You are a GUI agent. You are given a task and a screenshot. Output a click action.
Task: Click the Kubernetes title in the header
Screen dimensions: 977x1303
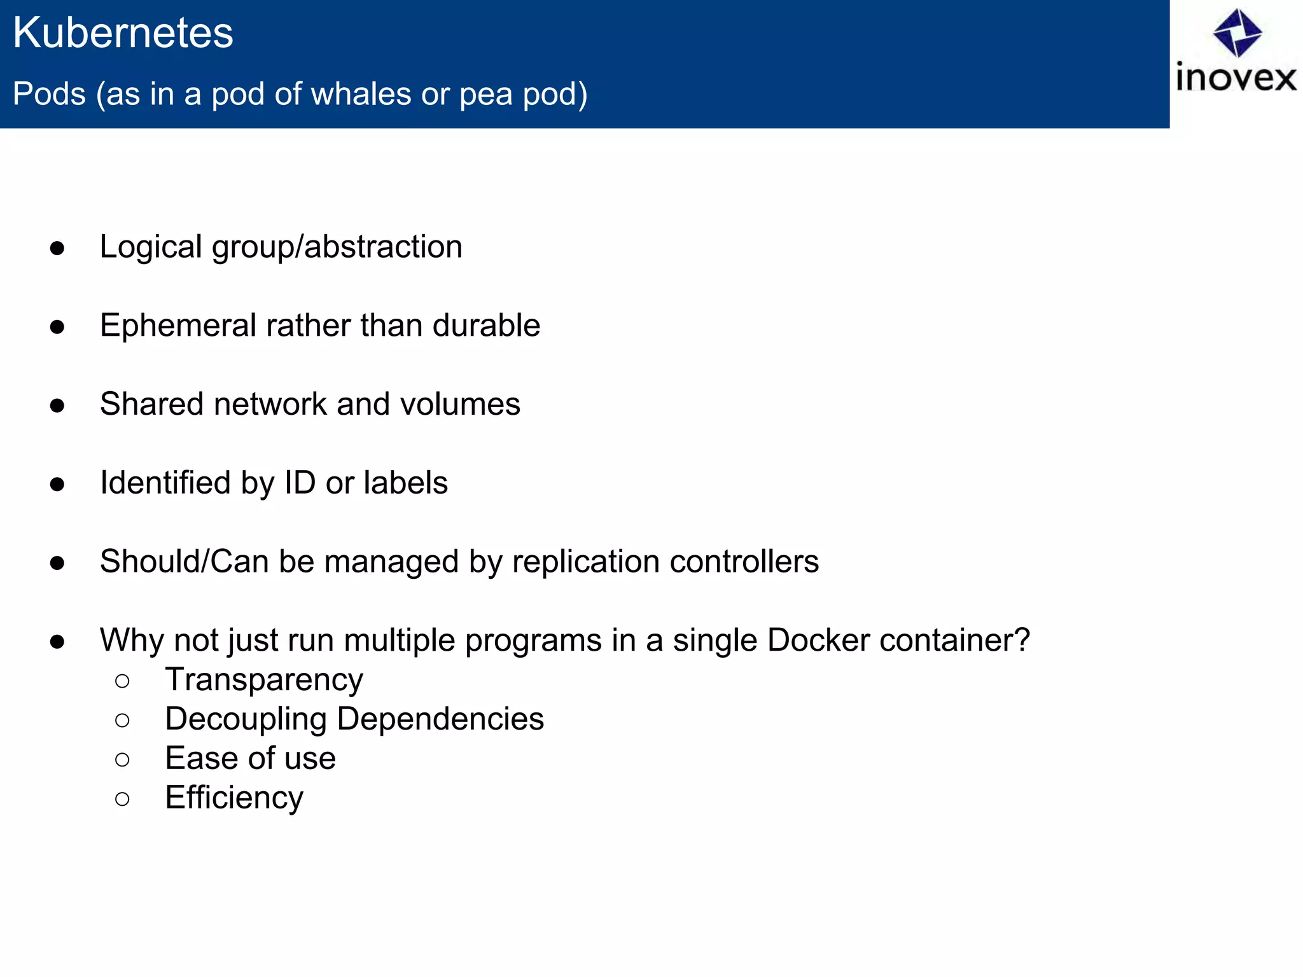[x=123, y=33]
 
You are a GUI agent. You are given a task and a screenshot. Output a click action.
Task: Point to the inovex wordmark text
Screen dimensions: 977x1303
[x=1236, y=78]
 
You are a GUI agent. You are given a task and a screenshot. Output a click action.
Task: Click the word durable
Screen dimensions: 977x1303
[x=486, y=326]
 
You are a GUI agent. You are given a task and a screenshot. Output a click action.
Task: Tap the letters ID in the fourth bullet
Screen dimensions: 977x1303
[x=300, y=483]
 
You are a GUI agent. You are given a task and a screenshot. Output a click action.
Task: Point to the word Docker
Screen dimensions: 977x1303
[x=818, y=640]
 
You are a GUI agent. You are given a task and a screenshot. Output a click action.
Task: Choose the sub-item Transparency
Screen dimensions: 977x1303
[x=264, y=680]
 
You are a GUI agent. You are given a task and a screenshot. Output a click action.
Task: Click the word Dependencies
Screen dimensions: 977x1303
[x=440, y=719]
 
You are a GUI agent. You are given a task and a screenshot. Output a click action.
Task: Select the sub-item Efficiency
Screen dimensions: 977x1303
[x=234, y=798]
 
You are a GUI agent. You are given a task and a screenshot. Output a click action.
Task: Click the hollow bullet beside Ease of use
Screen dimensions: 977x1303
[x=122, y=759]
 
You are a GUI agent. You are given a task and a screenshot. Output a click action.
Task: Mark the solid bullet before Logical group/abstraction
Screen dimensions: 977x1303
[x=57, y=248]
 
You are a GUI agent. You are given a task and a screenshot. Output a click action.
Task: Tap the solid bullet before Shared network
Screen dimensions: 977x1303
[x=57, y=405]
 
